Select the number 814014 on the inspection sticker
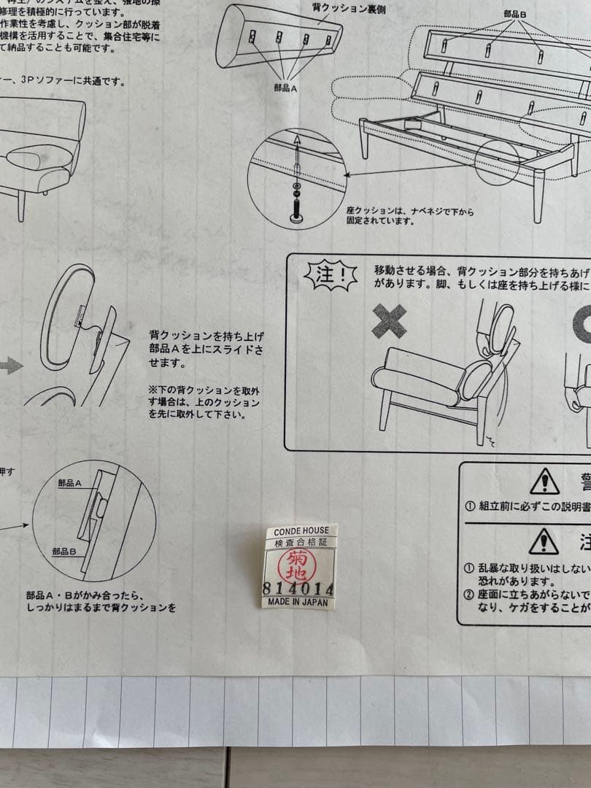click(298, 589)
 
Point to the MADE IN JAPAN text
click(297, 603)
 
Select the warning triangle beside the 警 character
click(544, 482)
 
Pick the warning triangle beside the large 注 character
click(544, 541)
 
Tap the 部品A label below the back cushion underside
click(284, 87)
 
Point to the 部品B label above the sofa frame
click(515, 14)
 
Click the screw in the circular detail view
click(297, 182)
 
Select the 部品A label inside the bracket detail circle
click(69, 483)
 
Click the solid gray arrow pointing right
click(10, 365)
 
